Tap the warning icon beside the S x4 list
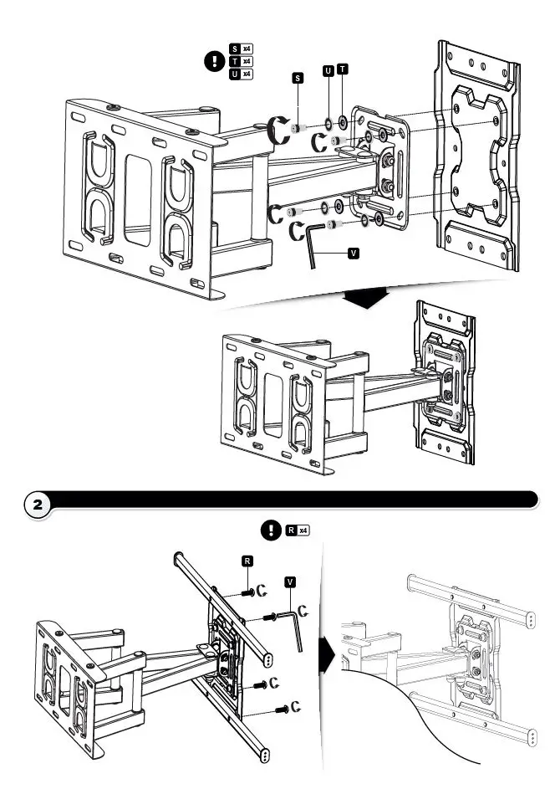(215, 61)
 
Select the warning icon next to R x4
(271, 530)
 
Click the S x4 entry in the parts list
(241, 49)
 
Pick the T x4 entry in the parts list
(241, 62)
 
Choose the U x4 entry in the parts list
(241, 74)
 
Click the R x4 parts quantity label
(297, 530)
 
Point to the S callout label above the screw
(297, 78)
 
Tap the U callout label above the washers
(329, 70)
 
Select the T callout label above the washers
(344, 70)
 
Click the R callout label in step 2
(248, 561)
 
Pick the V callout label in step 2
(290, 579)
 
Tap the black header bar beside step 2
(293, 500)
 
